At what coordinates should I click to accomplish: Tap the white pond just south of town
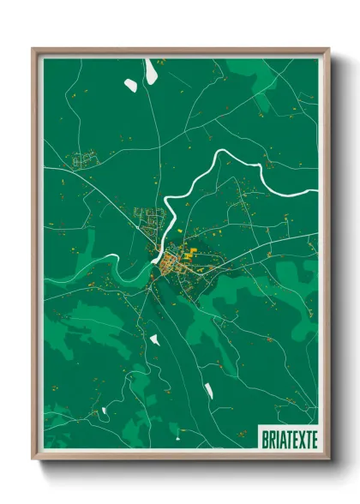coord(155,339)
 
